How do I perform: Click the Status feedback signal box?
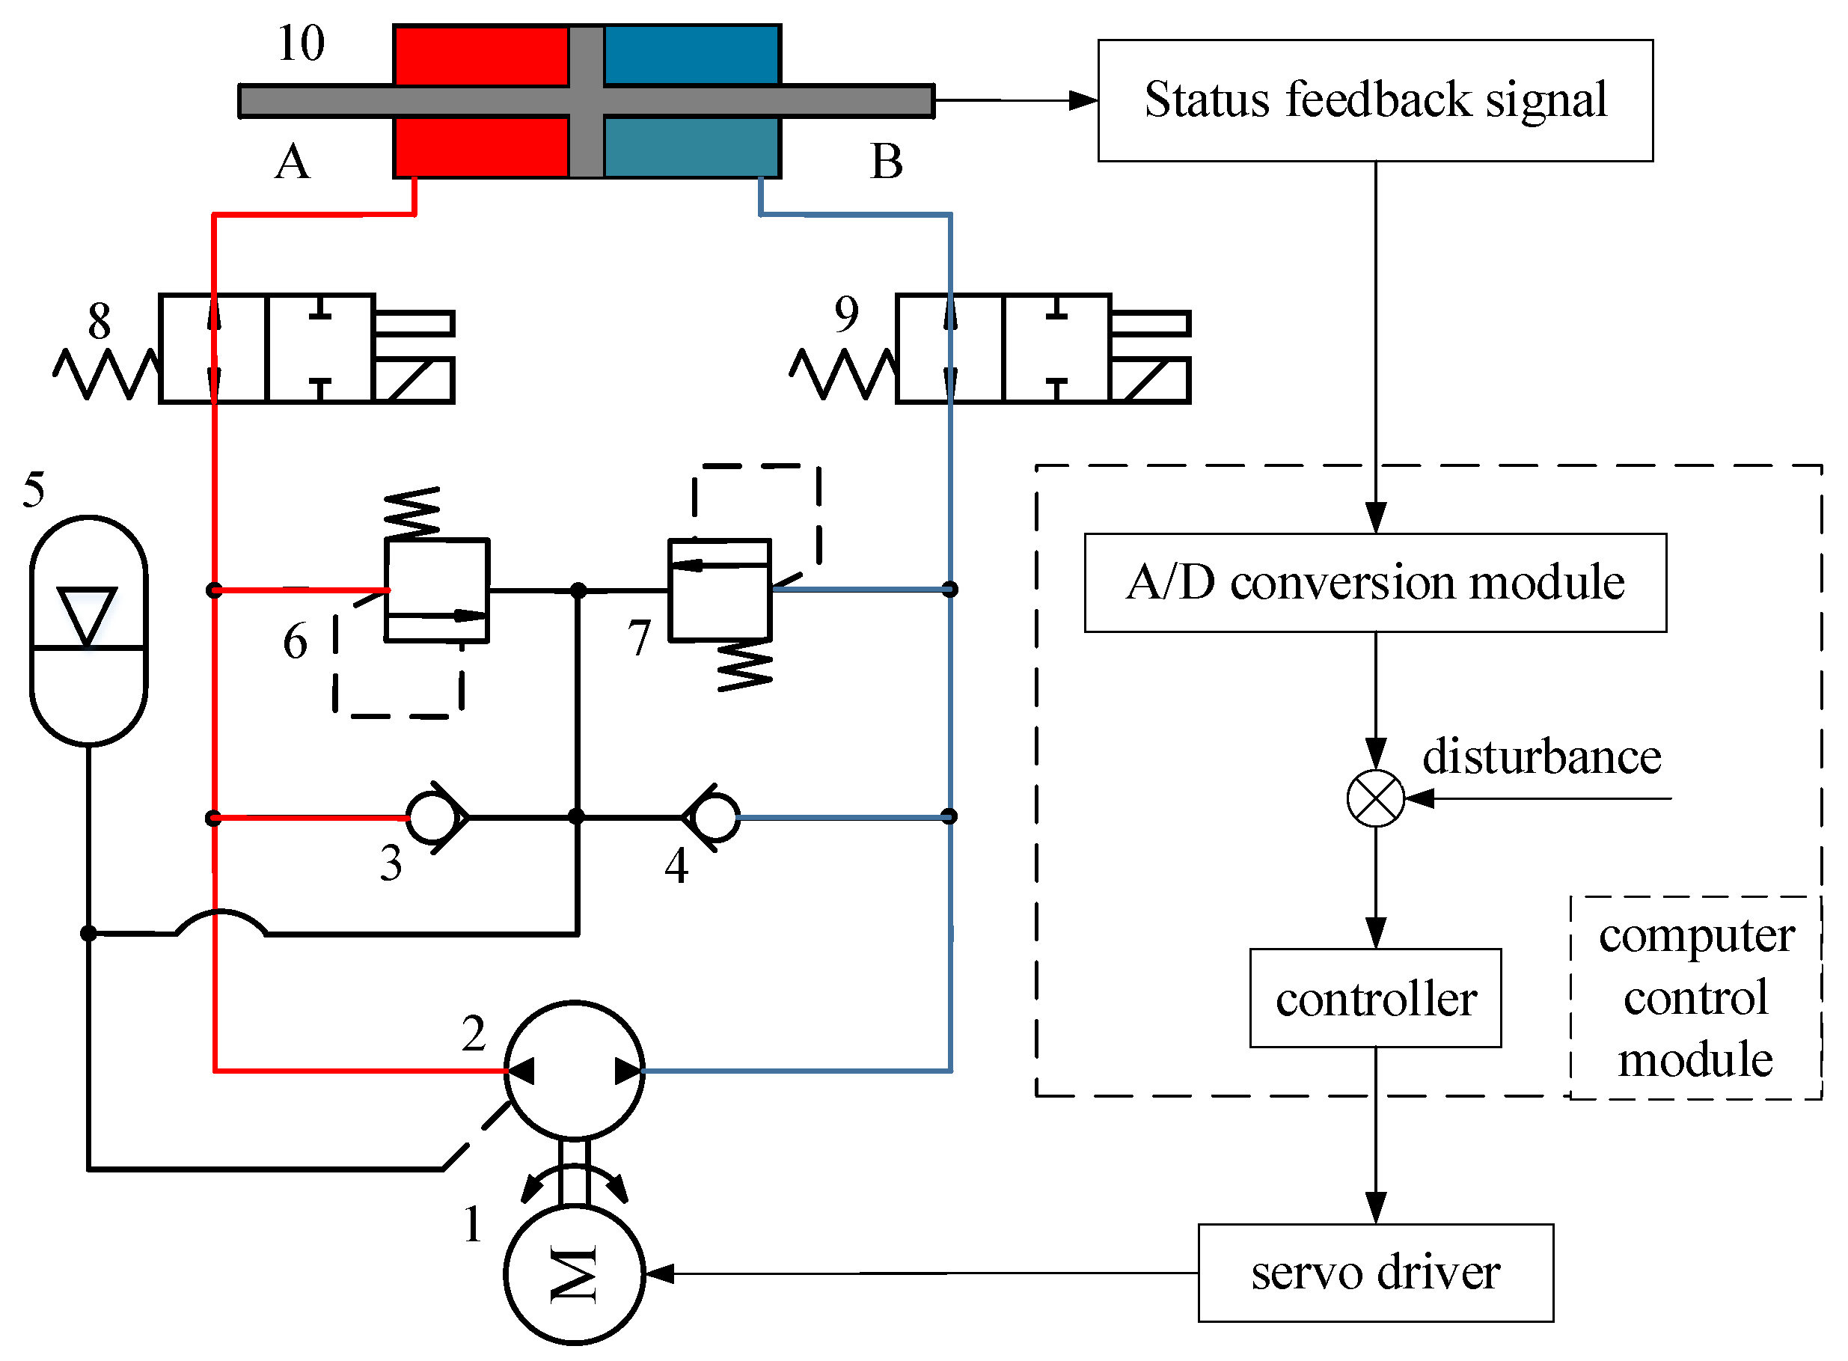(x=1374, y=100)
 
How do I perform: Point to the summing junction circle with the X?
(x=1374, y=798)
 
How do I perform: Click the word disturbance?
(x=1540, y=756)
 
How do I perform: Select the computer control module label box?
(x=1695, y=997)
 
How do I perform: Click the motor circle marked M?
(x=575, y=1273)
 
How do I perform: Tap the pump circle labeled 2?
(x=575, y=1070)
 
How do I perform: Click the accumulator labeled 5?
(x=88, y=630)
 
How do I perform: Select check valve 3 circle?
(x=432, y=817)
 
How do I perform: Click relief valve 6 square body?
(x=437, y=590)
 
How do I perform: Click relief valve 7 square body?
(x=719, y=590)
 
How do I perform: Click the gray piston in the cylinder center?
(x=586, y=100)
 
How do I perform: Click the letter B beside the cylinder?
(x=886, y=162)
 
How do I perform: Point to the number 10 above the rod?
(x=301, y=43)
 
